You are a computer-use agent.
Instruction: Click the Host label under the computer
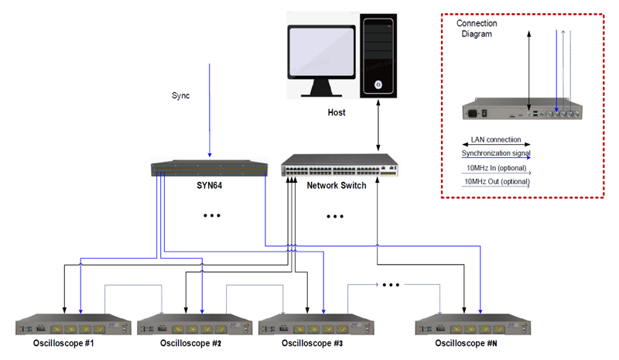(x=337, y=112)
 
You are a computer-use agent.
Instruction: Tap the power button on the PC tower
(x=377, y=84)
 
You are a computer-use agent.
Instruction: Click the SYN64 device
(x=209, y=167)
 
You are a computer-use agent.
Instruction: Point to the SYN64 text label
(x=209, y=187)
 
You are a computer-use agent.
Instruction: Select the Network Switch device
(x=340, y=165)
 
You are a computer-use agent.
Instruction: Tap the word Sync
(x=180, y=96)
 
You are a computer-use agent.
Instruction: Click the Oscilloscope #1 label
(x=63, y=342)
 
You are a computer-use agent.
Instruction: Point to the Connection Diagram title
(x=477, y=29)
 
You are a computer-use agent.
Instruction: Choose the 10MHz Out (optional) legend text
(x=497, y=182)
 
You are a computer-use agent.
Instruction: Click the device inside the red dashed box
(x=522, y=111)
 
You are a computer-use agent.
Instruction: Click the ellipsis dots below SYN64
(x=211, y=216)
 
